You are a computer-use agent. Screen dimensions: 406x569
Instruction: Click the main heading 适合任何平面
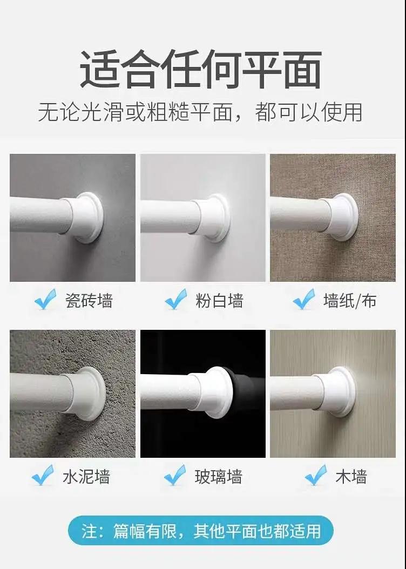pyautogui.click(x=200, y=69)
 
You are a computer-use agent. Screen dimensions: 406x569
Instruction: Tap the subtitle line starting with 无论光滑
pyautogui.click(x=200, y=112)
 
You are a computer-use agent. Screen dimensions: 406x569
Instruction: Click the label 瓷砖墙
pyautogui.click(x=89, y=301)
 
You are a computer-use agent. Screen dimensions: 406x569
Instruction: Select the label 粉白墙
pyautogui.click(x=219, y=301)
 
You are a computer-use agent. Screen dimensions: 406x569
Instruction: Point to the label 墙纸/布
pyautogui.click(x=350, y=301)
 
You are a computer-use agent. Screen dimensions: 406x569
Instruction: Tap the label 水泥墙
pyautogui.click(x=86, y=476)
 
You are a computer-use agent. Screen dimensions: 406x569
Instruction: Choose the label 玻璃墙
pyautogui.click(x=218, y=476)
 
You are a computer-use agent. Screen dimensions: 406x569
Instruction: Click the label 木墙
pyautogui.click(x=351, y=476)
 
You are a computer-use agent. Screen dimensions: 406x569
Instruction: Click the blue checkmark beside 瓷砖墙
pyautogui.click(x=45, y=299)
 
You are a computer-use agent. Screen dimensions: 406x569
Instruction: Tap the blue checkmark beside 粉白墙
pyautogui.click(x=176, y=299)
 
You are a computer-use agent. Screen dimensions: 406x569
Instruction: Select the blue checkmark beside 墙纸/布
pyautogui.click(x=304, y=299)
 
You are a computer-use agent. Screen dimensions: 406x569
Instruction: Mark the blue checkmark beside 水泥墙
pyautogui.click(x=43, y=475)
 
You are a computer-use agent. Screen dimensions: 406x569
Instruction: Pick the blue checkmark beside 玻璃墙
pyautogui.click(x=175, y=475)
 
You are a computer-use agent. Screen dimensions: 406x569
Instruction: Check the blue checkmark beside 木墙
pyautogui.click(x=316, y=475)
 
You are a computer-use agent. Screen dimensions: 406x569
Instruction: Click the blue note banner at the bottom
pyautogui.click(x=201, y=531)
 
